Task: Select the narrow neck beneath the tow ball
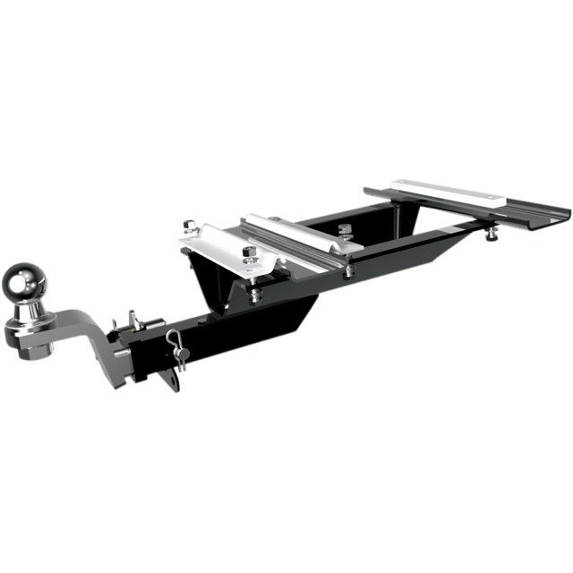click(26, 310)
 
